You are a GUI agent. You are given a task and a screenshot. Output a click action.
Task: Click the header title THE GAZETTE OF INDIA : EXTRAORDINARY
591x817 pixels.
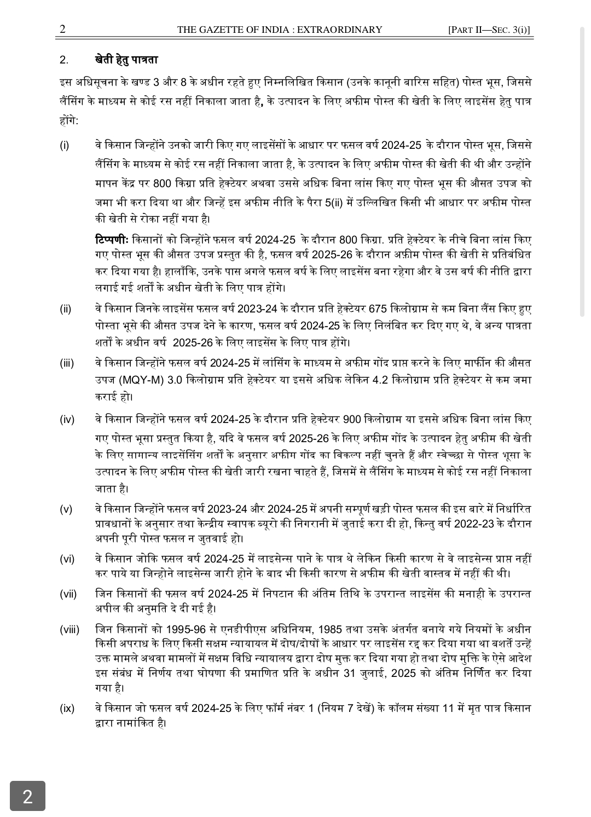click(280, 30)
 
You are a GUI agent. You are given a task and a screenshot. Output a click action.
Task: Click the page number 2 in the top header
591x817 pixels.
click(62, 29)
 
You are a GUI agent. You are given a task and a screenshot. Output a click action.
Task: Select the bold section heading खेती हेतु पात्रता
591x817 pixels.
click(126, 60)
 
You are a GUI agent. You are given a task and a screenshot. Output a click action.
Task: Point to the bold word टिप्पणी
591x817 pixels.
click(111, 240)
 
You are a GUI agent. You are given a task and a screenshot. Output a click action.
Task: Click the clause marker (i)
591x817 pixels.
click(65, 146)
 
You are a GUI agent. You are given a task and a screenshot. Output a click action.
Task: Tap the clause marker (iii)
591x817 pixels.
click(67, 363)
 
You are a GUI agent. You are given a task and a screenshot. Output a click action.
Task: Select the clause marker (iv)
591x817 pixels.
click(67, 420)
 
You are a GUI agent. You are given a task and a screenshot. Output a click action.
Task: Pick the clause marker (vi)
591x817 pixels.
click(67, 559)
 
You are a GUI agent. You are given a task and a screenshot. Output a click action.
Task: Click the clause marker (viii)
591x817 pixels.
click(69, 630)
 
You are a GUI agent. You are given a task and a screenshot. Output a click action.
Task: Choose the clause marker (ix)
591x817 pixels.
click(67, 709)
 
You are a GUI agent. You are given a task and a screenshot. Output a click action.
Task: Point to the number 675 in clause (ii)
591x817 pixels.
click(378, 309)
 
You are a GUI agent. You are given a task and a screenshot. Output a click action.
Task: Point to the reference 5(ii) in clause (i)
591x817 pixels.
click(335, 202)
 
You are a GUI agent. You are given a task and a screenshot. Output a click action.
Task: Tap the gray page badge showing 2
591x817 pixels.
click(27, 796)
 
